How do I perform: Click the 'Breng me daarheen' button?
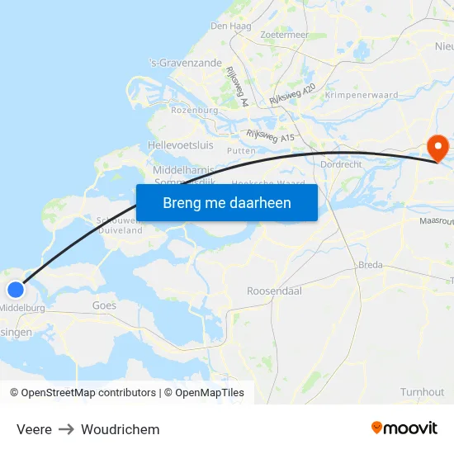click(x=227, y=202)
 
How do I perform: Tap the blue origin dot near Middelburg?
click(x=16, y=289)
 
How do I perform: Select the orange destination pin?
click(x=437, y=148)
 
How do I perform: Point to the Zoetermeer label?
click(x=284, y=35)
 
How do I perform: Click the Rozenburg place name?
click(x=194, y=110)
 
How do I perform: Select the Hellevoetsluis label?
click(x=180, y=145)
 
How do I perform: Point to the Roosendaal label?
click(x=274, y=291)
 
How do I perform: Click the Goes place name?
click(x=105, y=305)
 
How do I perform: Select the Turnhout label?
click(x=422, y=392)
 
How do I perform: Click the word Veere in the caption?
click(x=34, y=429)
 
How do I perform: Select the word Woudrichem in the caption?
click(x=121, y=429)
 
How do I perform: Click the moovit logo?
click(x=404, y=428)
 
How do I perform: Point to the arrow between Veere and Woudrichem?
click(x=66, y=429)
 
